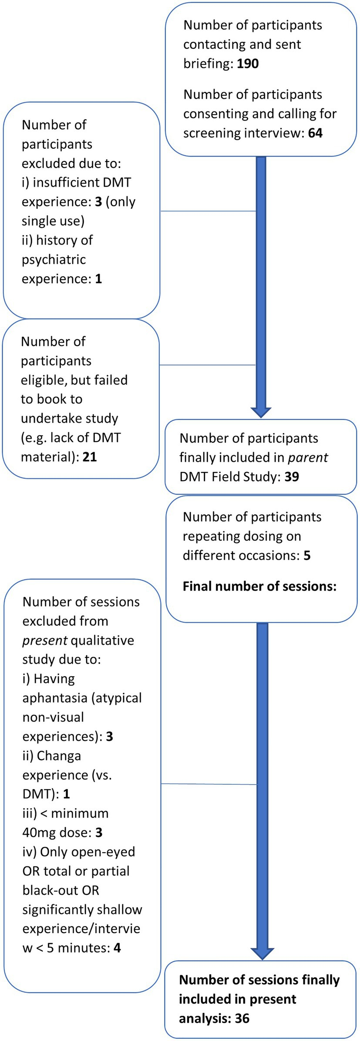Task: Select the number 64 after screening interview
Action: tap(315, 133)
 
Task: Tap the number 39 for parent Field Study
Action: tap(292, 477)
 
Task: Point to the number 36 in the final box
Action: tap(242, 1018)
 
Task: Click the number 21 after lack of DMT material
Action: tap(89, 457)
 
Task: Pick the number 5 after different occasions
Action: tap(307, 555)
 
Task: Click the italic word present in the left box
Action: tap(45, 641)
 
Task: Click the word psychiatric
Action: tap(54, 260)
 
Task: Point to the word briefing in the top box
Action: tap(208, 64)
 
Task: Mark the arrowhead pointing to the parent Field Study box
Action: tap(261, 412)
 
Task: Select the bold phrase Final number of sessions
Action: tap(260, 586)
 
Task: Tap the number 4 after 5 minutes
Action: tap(117, 947)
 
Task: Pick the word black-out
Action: tap(61, 890)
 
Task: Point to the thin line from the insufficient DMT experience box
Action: tap(209, 211)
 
